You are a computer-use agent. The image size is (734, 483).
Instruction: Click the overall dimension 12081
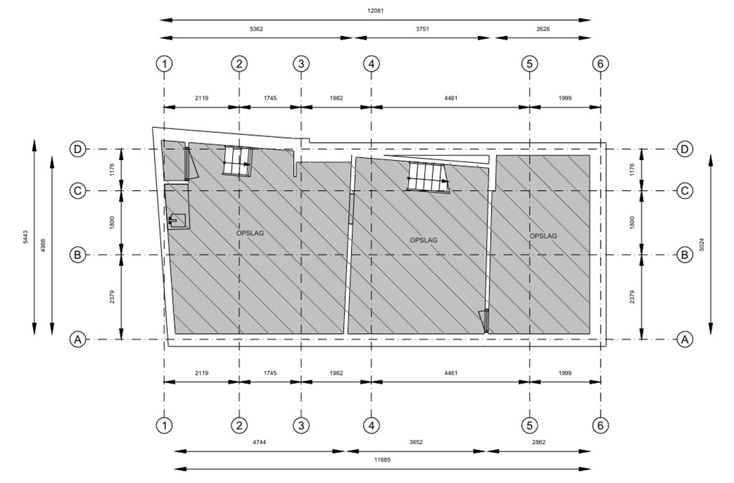[x=376, y=11]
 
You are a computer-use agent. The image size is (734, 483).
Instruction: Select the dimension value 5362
[x=256, y=29]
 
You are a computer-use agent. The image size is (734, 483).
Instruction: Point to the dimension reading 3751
[x=422, y=29]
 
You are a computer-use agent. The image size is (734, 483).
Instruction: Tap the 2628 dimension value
[x=543, y=29]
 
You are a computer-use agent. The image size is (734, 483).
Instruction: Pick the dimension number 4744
[x=259, y=442]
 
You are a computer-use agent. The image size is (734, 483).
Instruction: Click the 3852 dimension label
[x=416, y=442]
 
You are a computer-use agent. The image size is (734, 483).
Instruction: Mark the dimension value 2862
[x=539, y=442]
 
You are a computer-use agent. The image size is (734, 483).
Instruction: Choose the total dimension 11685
[x=383, y=459]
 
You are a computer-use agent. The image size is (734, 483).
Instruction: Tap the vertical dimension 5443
[x=25, y=237]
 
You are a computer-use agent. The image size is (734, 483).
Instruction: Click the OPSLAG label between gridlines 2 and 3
[x=250, y=233]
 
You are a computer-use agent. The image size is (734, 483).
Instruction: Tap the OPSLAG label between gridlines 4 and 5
[x=424, y=240]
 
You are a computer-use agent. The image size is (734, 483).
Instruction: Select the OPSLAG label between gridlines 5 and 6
[x=543, y=235]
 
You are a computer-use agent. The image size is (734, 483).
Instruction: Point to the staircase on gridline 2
[x=237, y=161]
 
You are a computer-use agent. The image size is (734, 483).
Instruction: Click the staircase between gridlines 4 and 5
[x=428, y=177]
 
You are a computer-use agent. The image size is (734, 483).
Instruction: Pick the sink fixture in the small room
[x=178, y=219]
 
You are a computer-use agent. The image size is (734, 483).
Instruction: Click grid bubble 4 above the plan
[x=371, y=64]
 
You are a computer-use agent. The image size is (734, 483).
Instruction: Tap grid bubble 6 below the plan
[x=601, y=426]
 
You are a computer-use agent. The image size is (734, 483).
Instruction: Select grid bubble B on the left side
[x=77, y=255]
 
